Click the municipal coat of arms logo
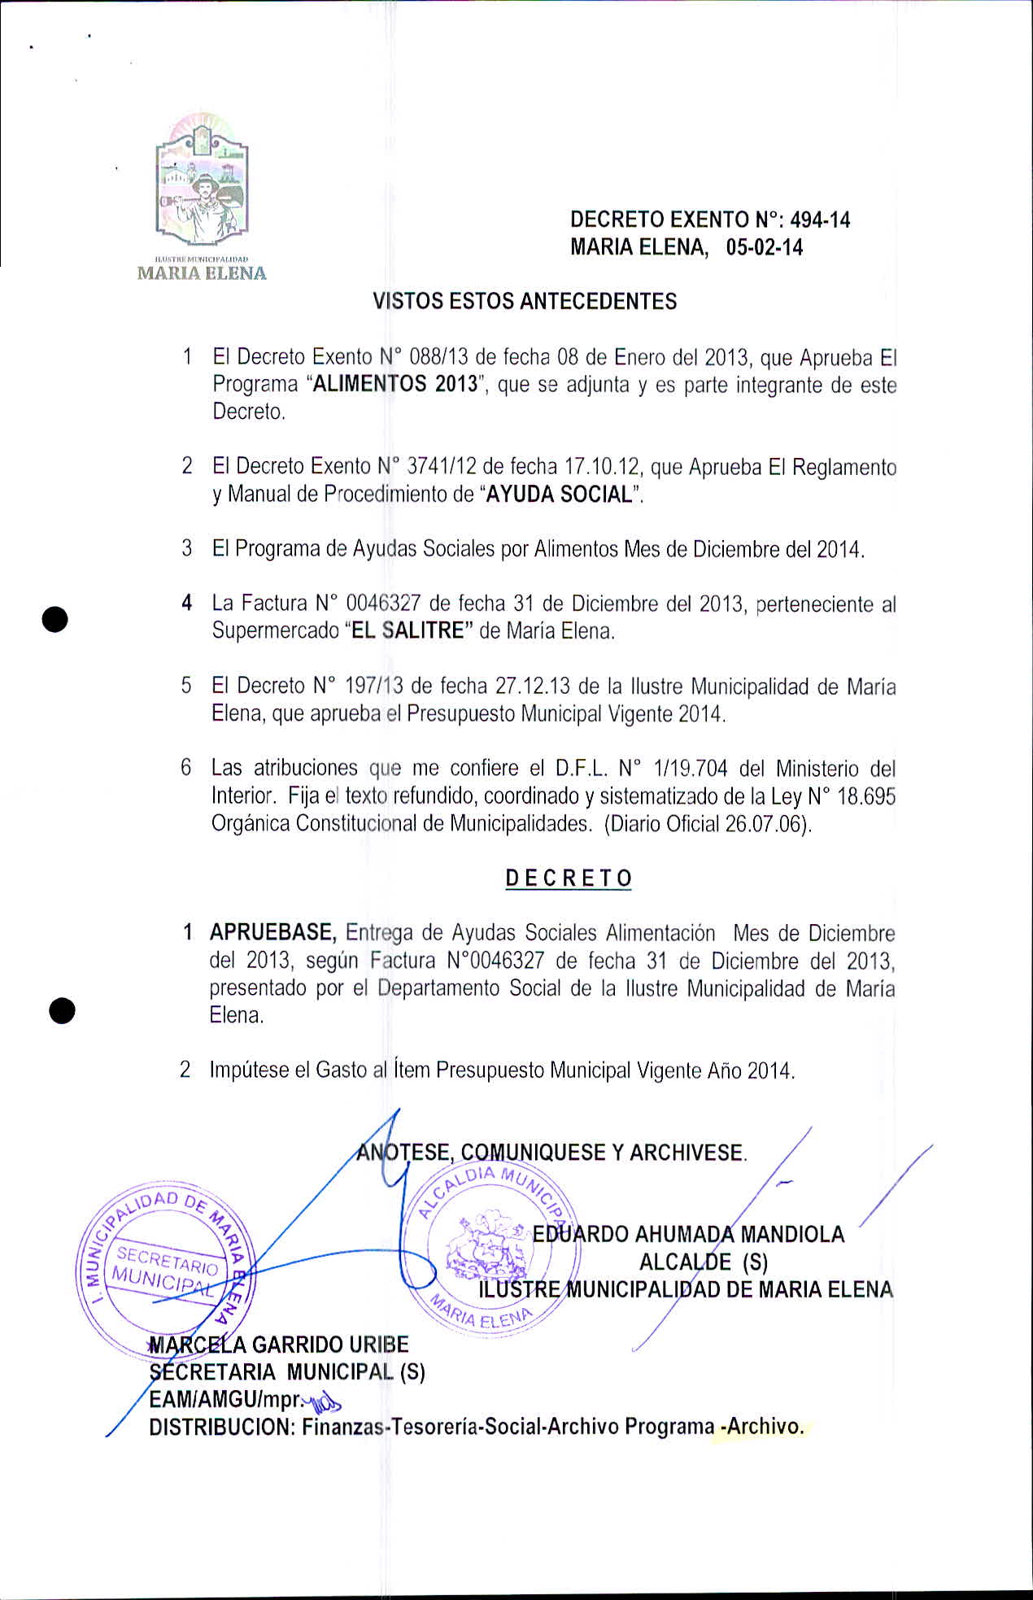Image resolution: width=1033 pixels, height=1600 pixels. tap(202, 184)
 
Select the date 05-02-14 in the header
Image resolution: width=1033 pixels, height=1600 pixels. tap(764, 247)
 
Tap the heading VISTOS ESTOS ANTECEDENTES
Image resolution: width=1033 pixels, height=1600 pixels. tap(525, 302)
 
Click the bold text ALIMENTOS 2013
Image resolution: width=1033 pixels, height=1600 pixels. tap(394, 384)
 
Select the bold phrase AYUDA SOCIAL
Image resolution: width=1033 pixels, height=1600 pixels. tap(559, 494)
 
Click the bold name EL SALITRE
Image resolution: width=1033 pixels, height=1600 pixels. tap(407, 630)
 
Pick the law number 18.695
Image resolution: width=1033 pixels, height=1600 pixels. tap(865, 796)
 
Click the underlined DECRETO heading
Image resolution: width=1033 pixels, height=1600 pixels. tap(569, 878)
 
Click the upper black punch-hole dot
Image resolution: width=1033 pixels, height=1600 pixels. tap(54, 619)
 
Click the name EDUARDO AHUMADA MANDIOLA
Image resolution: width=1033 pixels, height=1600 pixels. tap(688, 1234)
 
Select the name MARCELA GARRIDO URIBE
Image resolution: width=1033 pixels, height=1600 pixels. tap(278, 1345)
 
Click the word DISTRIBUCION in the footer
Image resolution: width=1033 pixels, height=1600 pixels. tap(220, 1427)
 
